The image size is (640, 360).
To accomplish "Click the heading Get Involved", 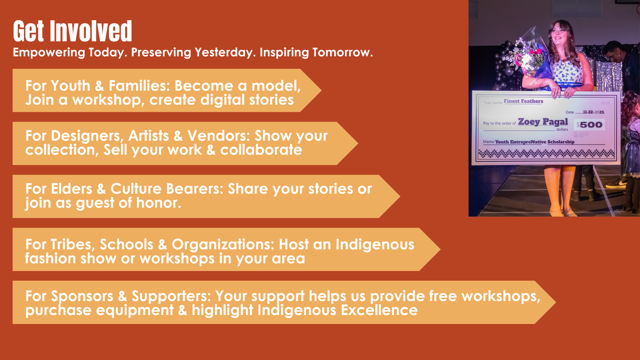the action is [73, 31].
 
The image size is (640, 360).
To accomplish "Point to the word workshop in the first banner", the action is [108, 100].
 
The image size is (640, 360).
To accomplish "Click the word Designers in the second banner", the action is [87, 136].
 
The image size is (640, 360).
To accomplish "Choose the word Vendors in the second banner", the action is [219, 136].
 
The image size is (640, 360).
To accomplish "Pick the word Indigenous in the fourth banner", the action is [375, 245].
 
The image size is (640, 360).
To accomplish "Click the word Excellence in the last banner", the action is [379, 310].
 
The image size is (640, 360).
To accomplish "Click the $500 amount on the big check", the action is [589, 125].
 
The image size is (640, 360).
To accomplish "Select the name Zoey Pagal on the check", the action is [543, 122].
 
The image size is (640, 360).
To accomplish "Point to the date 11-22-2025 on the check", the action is [594, 112].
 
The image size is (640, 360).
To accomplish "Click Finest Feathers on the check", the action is [523, 101].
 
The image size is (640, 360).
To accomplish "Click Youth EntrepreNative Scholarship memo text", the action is [535, 142].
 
